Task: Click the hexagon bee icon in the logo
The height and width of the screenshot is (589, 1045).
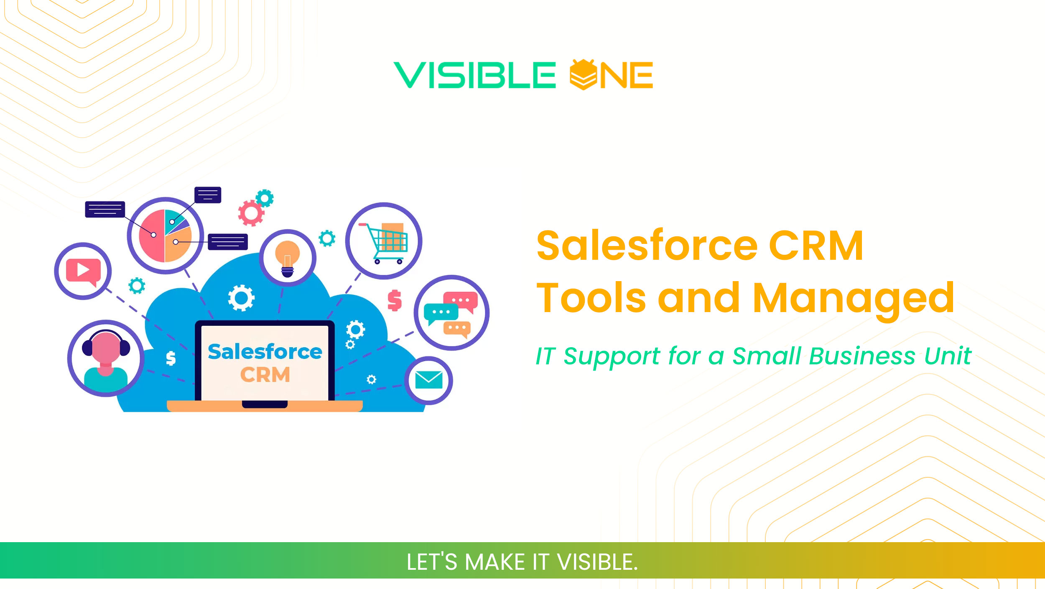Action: [x=583, y=75]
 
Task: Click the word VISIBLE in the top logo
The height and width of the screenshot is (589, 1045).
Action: [x=474, y=75]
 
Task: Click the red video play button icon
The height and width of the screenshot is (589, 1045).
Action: [x=83, y=271]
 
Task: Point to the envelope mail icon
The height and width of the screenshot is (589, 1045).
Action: [x=428, y=380]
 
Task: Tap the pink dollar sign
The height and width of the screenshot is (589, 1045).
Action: [x=395, y=300]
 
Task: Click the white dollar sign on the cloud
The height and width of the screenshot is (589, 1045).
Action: [x=171, y=358]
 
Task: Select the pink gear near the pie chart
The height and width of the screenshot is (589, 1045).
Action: [x=251, y=213]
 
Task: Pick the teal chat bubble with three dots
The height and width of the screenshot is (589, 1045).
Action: [x=440, y=312]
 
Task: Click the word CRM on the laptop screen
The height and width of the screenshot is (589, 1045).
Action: [x=265, y=375]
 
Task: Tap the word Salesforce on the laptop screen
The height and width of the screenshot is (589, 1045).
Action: [x=265, y=352]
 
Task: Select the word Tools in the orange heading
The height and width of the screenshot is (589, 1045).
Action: [x=591, y=298]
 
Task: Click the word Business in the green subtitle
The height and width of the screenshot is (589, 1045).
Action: [x=861, y=356]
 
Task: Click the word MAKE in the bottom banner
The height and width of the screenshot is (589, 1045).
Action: [x=494, y=562]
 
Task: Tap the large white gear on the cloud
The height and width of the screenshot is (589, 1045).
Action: [x=241, y=298]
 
